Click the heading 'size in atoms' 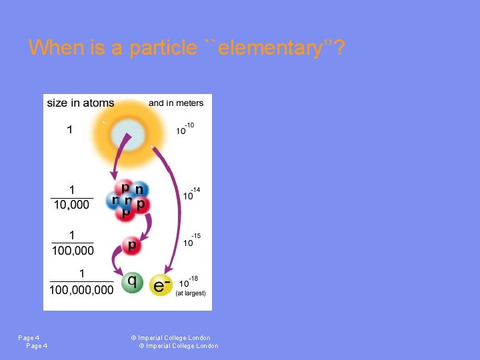click(80, 103)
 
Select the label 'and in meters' click(176, 103)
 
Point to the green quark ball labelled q click(131, 282)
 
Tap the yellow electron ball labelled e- click(161, 285)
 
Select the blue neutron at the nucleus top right click(139, 190)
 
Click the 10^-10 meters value click(185, 129)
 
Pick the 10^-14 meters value click(191, 194)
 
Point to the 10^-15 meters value click(191, 240)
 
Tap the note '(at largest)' click(191, 293)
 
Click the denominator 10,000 click(71, 205)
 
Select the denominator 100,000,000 click(81, 289)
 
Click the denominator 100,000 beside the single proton click(73, 251)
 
